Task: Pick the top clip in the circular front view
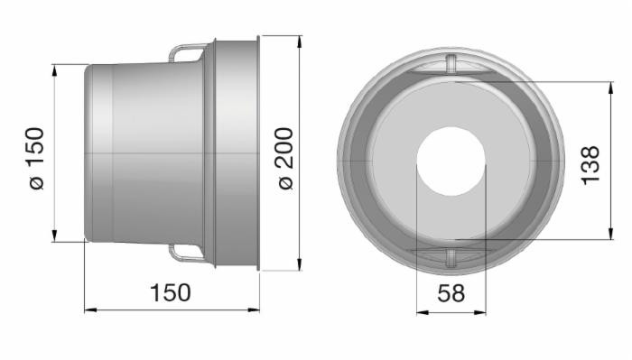tap(451, 62)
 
